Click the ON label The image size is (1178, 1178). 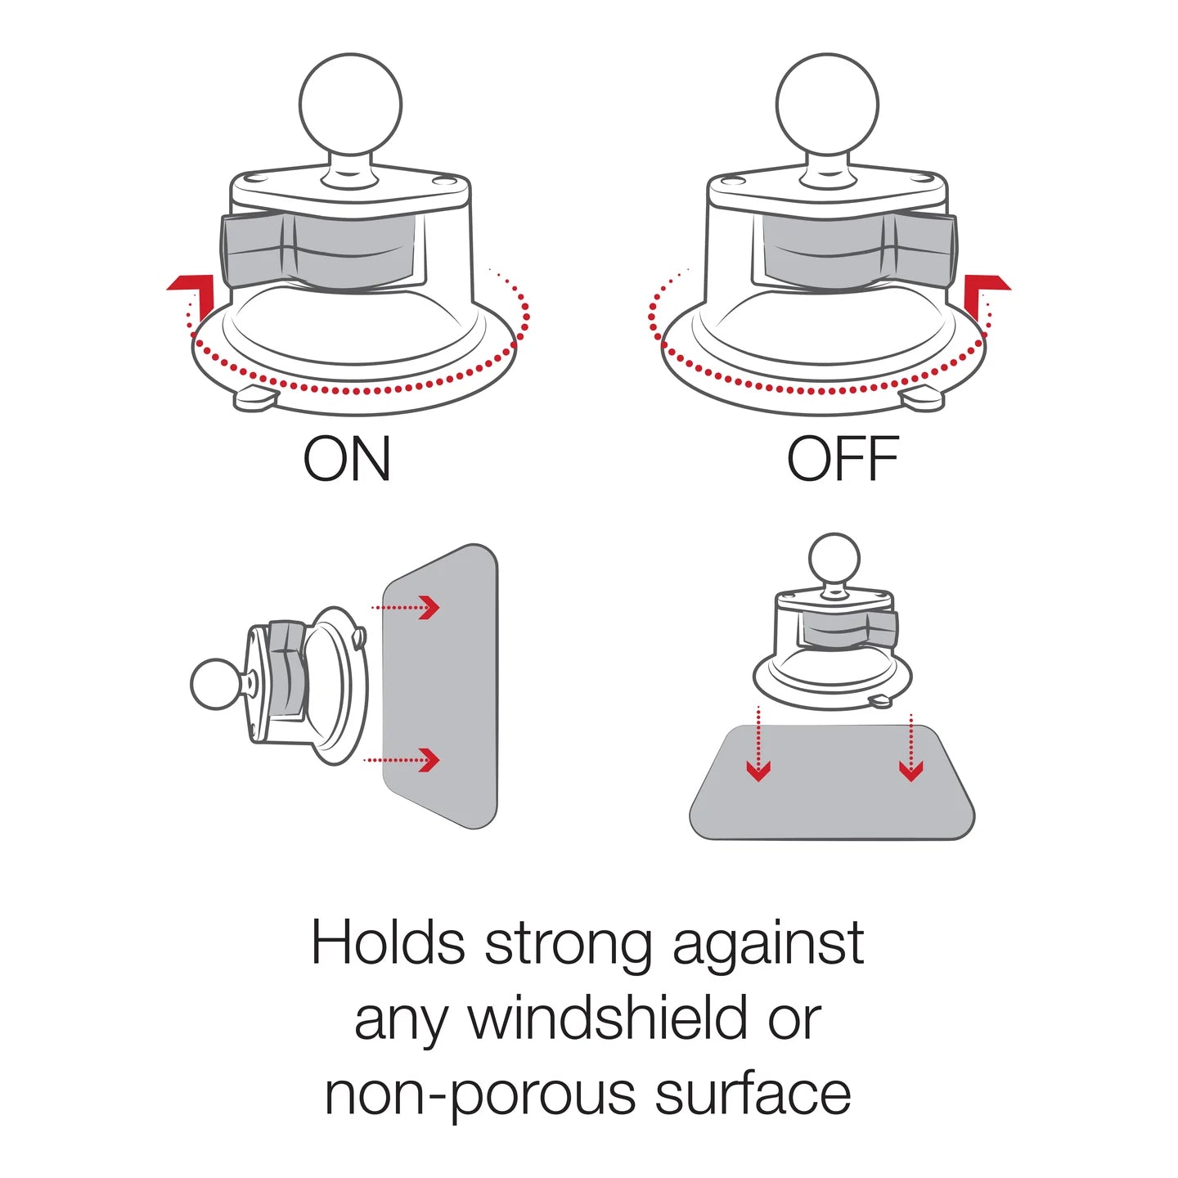(x=347, y=458)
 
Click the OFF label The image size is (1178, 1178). (x=843, y=458)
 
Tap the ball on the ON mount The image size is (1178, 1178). (x=350, y=105)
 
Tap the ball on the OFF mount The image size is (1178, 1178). (x=827, y=105)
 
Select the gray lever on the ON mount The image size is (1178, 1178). (x=318, y=250)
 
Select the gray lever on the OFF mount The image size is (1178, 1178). (x=859, y=250)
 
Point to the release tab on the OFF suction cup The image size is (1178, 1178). (x=923, y=400)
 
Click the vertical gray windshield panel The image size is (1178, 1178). (x=440, y=686)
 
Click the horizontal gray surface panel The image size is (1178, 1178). (x=832, y=782)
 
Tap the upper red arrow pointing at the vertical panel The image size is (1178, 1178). (x=405, y=608)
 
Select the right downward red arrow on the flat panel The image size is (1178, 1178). (x=911, y=747)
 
